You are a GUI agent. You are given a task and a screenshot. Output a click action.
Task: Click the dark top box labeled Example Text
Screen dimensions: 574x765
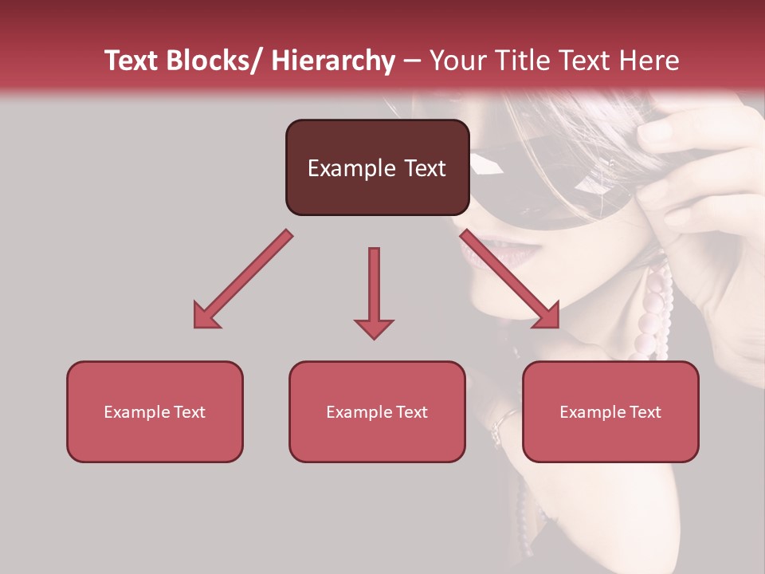pos(377,167)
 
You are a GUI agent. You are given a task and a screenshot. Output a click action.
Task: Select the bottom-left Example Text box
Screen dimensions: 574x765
pos(155,411)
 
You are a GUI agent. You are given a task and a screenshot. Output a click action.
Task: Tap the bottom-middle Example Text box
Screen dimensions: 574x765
pos(377,411)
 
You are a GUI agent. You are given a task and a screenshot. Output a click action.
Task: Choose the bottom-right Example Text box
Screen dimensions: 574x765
pos(610,411)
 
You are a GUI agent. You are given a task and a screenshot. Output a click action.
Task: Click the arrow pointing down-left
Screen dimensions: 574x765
pos(243,279)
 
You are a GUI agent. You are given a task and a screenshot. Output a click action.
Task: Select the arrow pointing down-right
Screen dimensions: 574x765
pos(510,279)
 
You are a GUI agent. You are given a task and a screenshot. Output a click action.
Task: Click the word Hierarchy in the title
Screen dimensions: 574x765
pos(333,61)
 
